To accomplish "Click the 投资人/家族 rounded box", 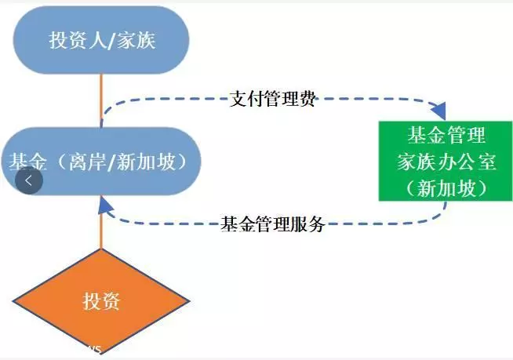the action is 101,40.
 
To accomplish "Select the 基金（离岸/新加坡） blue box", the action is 101,162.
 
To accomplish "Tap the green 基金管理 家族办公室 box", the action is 446,161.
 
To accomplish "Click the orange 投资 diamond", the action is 101,301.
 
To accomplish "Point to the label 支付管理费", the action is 272,99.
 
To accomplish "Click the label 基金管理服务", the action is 272,224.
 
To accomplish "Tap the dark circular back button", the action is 29,180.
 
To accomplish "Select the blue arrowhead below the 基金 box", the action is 104,205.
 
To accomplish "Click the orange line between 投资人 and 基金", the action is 101,101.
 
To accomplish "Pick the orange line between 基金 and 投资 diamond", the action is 101,222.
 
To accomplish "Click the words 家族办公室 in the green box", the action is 446,162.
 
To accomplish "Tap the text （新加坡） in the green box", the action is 446,188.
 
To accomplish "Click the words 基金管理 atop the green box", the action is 446,135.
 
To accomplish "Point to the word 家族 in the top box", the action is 136,40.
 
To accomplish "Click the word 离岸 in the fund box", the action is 87,162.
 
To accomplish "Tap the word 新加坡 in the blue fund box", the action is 146,162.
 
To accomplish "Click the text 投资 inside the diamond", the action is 101,301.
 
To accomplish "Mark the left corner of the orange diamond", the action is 13,301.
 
